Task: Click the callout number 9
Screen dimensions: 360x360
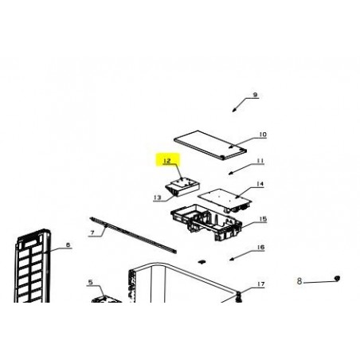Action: tap(255, 95)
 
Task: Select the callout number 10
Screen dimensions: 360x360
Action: tap(263, 135)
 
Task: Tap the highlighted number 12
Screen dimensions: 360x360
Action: tap(167, 161)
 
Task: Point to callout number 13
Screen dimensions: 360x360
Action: tap(157, 198)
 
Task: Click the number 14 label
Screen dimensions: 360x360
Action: tap(260, 184)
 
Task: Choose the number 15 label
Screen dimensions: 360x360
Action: tap(263, 219)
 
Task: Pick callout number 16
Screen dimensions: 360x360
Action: tap(261, 248)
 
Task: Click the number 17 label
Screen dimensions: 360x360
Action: tap(261, 284)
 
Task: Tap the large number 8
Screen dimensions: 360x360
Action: tap(299, 281)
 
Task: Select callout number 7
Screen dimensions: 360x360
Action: tap(92, 233)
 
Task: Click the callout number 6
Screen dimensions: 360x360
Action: tap(68, 245)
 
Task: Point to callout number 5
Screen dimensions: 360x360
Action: tap(91, 282)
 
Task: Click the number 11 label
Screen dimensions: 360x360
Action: tap(260, 161)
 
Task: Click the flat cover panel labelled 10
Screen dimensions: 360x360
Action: tap(210, 145)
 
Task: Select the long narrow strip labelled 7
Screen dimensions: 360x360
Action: tap(133, 235)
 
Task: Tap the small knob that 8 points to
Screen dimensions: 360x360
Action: tap(337, 278)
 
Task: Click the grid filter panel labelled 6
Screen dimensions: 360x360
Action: tap(33, 265)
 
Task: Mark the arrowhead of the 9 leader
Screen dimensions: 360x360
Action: tap(234, 110)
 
